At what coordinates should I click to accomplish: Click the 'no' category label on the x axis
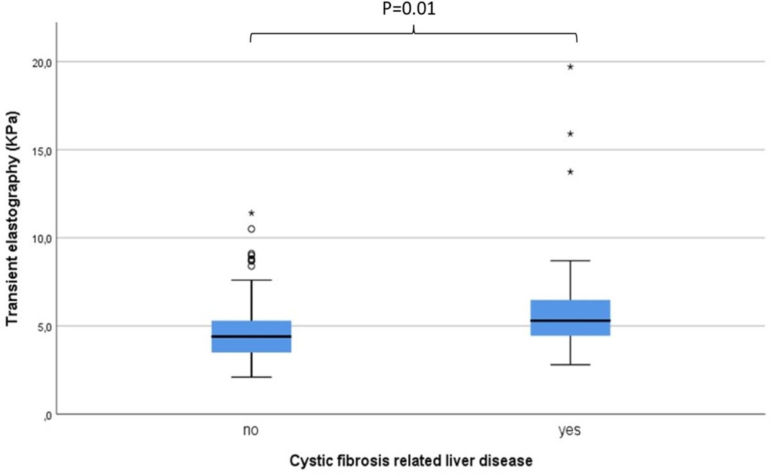tap(251, 431)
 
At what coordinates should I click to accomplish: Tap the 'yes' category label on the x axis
tap(570, 431)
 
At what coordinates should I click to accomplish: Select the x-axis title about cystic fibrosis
tap(411, 460)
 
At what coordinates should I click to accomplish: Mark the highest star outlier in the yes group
tap(570, 67)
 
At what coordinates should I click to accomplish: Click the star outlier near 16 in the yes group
tap(570, 134)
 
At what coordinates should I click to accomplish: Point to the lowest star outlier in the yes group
tap(570, 172)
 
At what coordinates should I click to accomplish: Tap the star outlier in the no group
tap(252, 213)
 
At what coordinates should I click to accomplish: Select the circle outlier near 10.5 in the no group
tap(252, 229)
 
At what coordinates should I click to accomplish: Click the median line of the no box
tap(252, 336)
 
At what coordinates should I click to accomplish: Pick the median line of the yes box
tap(570, 321)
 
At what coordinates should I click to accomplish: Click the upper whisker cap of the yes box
tap(570, 261)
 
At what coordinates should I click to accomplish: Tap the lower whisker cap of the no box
tap(252, 377)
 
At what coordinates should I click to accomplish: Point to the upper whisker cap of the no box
tap(252, 280)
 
